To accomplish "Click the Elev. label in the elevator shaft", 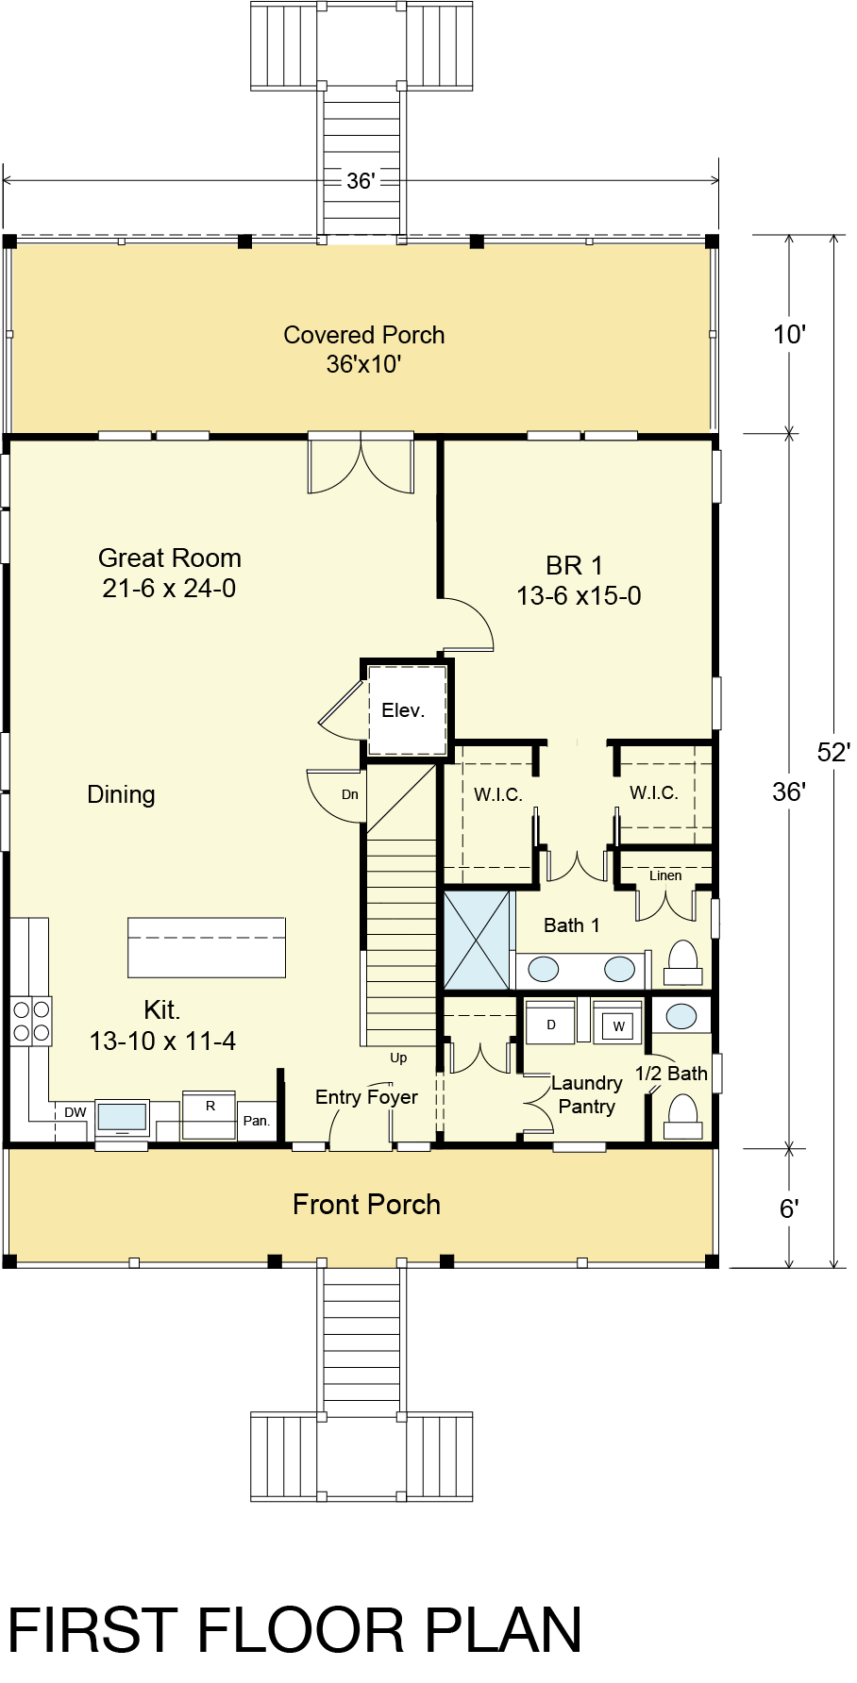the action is point(403,710).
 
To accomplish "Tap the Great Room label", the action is point(170,558).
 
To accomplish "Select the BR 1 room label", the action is point(574,565).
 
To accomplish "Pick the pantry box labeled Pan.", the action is point(257,1121).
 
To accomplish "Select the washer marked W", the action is point(618,1023).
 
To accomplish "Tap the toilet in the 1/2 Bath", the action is point(682,1116).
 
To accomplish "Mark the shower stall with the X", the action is point(477,940).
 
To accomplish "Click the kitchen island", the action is point(206,946).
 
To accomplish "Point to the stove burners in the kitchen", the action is point(31,1021).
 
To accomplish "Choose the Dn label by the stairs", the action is point(350,794).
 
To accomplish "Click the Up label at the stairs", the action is point(398,1058).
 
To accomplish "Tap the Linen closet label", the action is point(665,875).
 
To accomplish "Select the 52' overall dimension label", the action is point(834,752).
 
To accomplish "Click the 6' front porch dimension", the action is point(790,1208).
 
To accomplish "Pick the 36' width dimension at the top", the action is point(361,180).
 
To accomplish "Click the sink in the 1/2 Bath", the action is point(681,1016).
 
